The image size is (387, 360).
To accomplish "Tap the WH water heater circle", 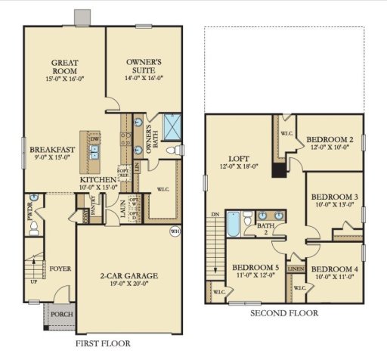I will coord(175,231).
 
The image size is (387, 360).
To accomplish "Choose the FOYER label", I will coord(60,267).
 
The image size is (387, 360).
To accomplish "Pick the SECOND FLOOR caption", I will coord(283,313).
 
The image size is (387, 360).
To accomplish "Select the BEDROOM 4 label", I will coord(336,269).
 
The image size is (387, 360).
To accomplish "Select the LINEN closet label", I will coord(296,267).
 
